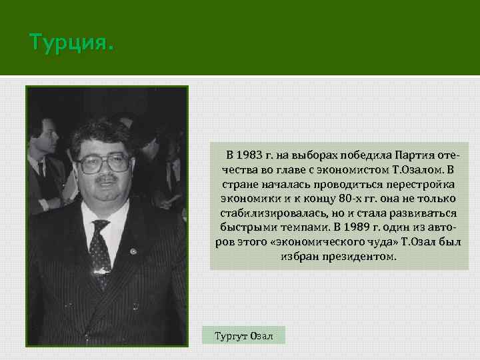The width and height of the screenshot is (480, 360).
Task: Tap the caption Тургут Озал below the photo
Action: (x=243, y=335)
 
